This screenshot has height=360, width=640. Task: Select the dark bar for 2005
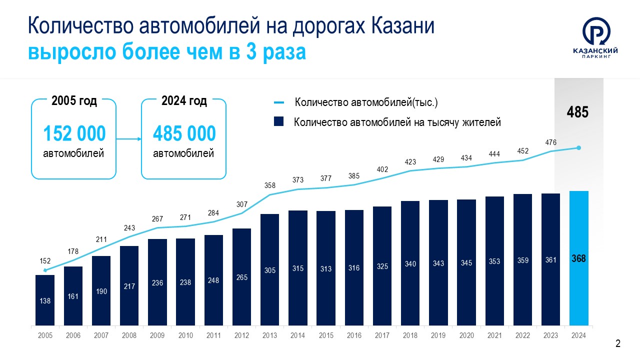[45, 300]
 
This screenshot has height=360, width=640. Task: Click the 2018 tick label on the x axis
[410, 335]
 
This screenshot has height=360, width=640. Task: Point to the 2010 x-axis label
[185, 335]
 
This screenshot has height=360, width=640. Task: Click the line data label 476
[551, 142]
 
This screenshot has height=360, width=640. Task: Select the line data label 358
[270, 185]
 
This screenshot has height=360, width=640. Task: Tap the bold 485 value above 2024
[577, 112]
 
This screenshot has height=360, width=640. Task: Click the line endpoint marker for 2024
[579, 147]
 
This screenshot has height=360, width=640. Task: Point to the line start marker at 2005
[45, 270]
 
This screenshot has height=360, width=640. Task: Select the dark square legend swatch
[279, 121]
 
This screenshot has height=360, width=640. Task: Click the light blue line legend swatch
[279, 102]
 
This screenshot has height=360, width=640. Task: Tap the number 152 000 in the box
[74, 134]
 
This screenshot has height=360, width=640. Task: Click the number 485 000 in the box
[184, 134]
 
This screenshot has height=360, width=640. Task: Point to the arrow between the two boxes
[128, 139]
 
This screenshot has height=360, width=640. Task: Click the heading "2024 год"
[184, 100]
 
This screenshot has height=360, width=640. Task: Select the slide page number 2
[618, 344]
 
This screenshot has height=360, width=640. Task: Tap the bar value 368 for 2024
[579, 259]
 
